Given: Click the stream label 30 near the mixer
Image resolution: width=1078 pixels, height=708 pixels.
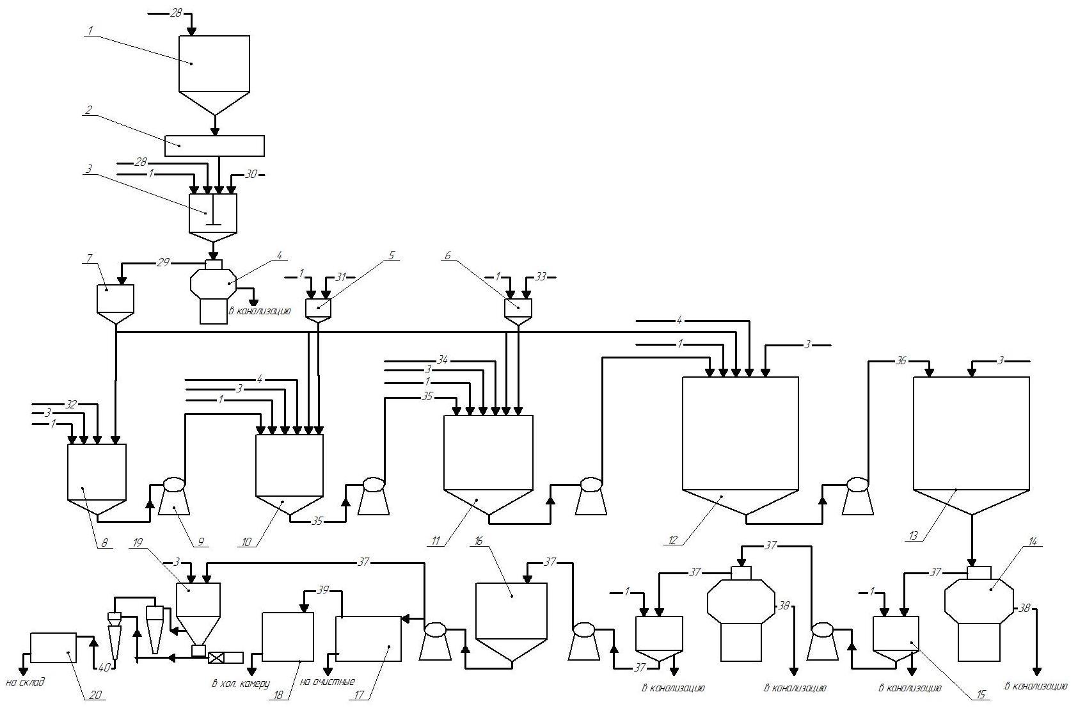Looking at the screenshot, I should pyautogui.click(x=251, y=174).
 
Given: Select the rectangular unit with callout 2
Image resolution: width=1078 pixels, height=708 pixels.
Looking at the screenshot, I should pyautogui.click(x=214, y=146).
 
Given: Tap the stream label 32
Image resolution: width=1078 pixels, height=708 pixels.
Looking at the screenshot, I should pyautogui.click(x=72, y=405).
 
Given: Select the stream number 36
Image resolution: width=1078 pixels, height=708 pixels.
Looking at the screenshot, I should pyautogui.click(x=900, y=361).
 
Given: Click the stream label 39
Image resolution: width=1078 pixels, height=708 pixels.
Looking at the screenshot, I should pyautogui.click(x=324, y=590).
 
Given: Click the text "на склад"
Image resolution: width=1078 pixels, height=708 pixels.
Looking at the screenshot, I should pyautogui.click(x=25, y=683).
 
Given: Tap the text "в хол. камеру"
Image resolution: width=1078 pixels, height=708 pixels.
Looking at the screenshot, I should pyautogui.click(x=241, y=683).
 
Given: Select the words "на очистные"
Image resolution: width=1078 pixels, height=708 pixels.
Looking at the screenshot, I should pyautogui.click(x=331, y=682).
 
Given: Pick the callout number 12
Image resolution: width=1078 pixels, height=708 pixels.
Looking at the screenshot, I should pyautogui.click(x=672, y=541).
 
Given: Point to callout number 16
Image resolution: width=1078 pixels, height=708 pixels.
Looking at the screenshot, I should pyautogui.click(x=479, y=541).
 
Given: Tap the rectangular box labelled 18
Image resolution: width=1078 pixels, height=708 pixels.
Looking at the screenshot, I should pyautogui.click(x=288, y=637).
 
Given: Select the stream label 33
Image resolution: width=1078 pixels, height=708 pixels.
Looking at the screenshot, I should pyautogui.click(x=541, y=277).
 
